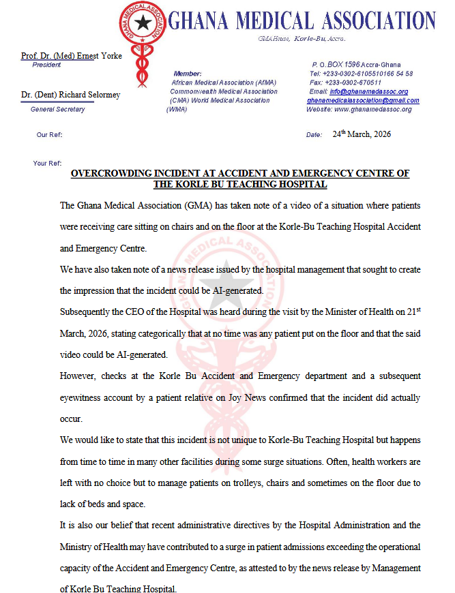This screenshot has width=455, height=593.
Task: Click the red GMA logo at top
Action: [x=141, y=26]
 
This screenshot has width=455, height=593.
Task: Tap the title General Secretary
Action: [x=58, y=110]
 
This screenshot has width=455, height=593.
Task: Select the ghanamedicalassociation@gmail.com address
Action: [x=363, y=100]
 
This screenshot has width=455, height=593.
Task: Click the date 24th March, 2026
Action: [x=362, y=134]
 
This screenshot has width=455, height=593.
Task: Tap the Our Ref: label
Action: [x=49, y=135]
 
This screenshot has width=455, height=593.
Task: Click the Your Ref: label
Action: [x=47, y=164]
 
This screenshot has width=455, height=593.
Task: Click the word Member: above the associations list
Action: [x=188, y=74]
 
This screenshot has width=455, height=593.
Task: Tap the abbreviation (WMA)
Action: [x=177, y=109]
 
